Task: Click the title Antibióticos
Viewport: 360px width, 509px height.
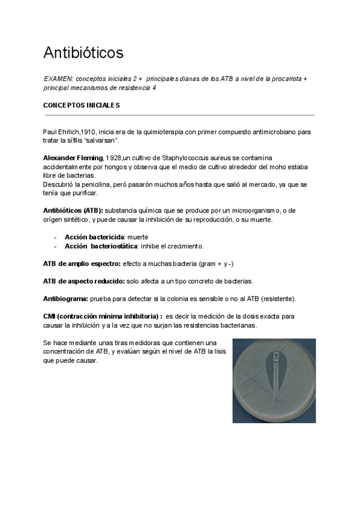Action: (83, 53)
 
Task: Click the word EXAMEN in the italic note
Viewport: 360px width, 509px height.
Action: (58, 79)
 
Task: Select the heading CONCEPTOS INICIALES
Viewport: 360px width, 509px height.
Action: (82, 105)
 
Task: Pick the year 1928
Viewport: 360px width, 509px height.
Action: (114, 157)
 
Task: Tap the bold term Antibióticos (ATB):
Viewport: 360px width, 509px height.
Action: (73, 211)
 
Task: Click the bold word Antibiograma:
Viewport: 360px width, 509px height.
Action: (65, 299)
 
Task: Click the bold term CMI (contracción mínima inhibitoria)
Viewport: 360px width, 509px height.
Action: (102, 316)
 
